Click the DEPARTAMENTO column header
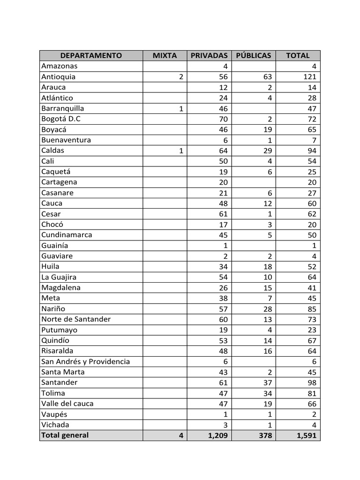(x=91, y=55)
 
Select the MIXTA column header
(x=165, y=55)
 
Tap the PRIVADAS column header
(x=209, y=55)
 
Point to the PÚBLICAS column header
(x=254, y=55)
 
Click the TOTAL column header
(x=298, y=55)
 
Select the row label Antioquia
(x=59, y=77)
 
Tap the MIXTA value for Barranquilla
(x=181, y=109)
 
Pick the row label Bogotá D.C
(x=61, y=119)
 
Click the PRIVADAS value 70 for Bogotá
(x=223, y=119)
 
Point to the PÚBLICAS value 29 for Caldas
(x=267, y=150)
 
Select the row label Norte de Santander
(x=76, y=319)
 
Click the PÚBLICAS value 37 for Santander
(x=267, y=382)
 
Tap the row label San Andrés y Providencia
(x=85, y=361)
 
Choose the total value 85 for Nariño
(x=312, y=309)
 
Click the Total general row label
(x=65, y=435)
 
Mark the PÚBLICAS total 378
(x=265, y=435)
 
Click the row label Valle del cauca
(x=67, y=404)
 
